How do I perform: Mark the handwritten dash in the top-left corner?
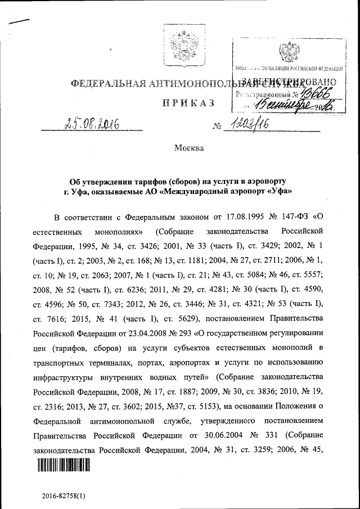[x=17, y=21]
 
